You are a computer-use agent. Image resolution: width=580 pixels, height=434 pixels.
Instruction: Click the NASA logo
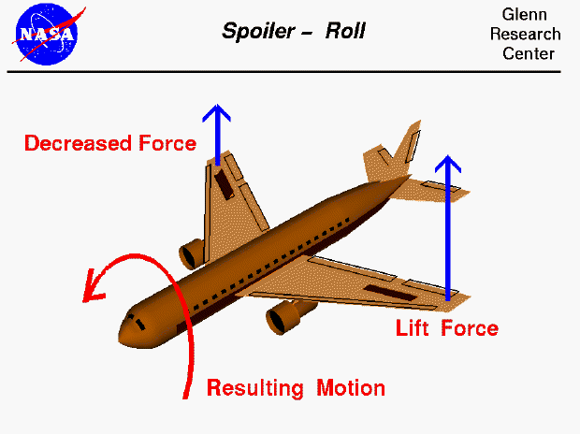click(47, 33)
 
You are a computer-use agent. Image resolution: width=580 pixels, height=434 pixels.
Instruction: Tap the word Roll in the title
click(344, 32)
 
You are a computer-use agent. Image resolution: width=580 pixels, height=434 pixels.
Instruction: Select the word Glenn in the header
click(525, 16)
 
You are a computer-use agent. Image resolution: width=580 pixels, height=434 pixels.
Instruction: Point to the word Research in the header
click(525, 35)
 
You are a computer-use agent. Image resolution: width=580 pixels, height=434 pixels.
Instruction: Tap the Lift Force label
click(446, 328)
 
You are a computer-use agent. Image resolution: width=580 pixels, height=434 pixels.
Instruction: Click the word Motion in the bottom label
click(349, 387)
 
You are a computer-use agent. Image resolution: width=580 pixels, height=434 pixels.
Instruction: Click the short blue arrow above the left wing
click(217, 131)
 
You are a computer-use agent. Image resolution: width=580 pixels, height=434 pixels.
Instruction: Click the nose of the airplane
click(124, 332)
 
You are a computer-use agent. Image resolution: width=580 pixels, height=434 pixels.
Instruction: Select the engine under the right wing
click(280, 319)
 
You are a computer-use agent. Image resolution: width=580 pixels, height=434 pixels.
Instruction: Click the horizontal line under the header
click(290, 71)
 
